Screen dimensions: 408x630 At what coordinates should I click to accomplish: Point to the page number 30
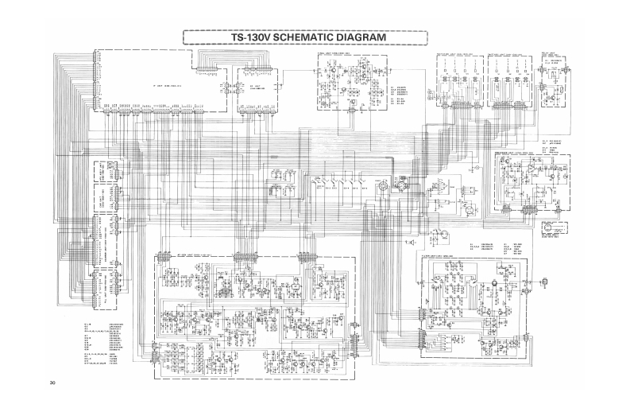pos(52,385)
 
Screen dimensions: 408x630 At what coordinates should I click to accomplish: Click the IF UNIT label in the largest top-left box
pos(164,84)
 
